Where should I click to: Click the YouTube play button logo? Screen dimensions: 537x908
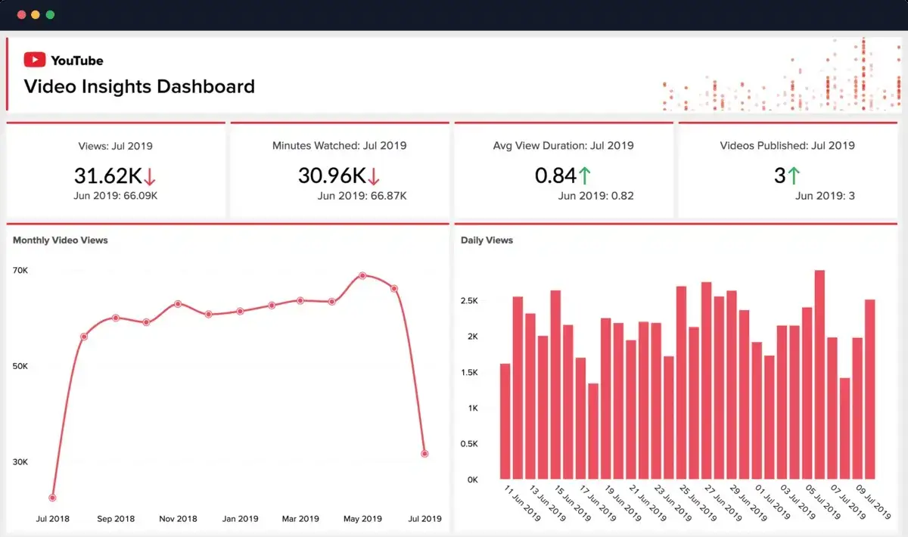point(35,60)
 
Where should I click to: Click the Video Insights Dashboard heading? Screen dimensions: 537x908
point(139,86)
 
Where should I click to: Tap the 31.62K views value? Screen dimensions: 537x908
point(107,175)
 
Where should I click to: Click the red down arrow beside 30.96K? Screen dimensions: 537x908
point(373,176)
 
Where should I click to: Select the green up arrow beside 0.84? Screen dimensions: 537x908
point(584,176)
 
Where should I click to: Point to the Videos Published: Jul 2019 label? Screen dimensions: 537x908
point(787,145)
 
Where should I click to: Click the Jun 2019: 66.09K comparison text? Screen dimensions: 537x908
point(116,196)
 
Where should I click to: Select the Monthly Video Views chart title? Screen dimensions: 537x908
point(61,241)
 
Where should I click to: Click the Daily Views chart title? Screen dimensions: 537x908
point(487,241)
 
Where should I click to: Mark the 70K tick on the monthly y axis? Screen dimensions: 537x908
point(20,270)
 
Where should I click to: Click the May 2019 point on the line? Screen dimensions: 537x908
point(362,275)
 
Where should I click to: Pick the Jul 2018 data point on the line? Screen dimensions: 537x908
point(52,498)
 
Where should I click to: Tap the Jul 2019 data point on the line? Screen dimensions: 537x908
point(425,454)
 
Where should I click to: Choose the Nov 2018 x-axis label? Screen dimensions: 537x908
point(178,519)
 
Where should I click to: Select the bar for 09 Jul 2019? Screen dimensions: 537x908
point(870,389)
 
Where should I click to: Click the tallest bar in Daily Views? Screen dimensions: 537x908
point(819,374)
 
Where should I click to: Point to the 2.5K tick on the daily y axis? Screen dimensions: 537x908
point(469,301)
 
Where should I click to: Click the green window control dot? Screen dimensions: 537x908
point(50,14)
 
